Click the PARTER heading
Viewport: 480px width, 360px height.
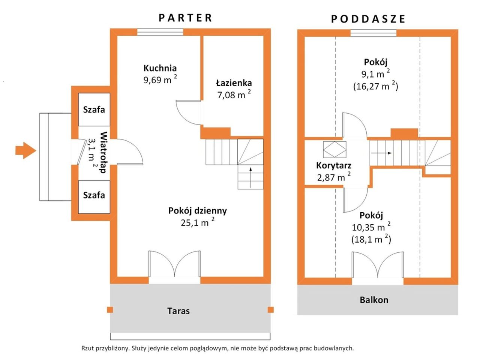pyautogui.click(x=185, y=18)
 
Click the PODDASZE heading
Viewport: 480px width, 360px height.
pyautogui.click(x=368, y=19)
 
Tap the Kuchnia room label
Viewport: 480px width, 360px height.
pyautogui.click(x=160, y=68)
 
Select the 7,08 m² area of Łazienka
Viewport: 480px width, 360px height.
pyautogui.click(x=234, y=94)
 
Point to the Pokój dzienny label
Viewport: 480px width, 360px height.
pyautogui.click(x=198, y=211)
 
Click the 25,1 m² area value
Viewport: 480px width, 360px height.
pyautogui.click(x=198, y=222)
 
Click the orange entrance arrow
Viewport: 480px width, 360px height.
pyautogui.click(x=25, y=151)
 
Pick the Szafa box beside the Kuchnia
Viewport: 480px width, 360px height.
pyautogui.click(x=94, y=109)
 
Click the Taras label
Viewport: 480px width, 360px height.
pyautogui.click(x=178, y=311)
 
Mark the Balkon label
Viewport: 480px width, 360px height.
pyautogui.click(x=374, y=300)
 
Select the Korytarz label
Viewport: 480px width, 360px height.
pyautogui.click(x=334, y=166)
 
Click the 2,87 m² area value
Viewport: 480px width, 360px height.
pyautogui.click(x=334, y=177)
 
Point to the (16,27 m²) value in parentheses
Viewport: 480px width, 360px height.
pyautogui.click(x=375, y=86)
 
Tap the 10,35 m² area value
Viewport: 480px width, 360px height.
pyautogui.click(x=371, y=227)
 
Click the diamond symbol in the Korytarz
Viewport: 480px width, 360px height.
pyautogui.click(x=334, y=150)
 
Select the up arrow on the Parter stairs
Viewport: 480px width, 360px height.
pyautogui.click(x=250, y=177)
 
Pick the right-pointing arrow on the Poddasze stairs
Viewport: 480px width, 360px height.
pyautogui.click(x=381, y=153)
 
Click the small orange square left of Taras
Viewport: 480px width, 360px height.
pyautogui.click(x=110, y=310)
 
